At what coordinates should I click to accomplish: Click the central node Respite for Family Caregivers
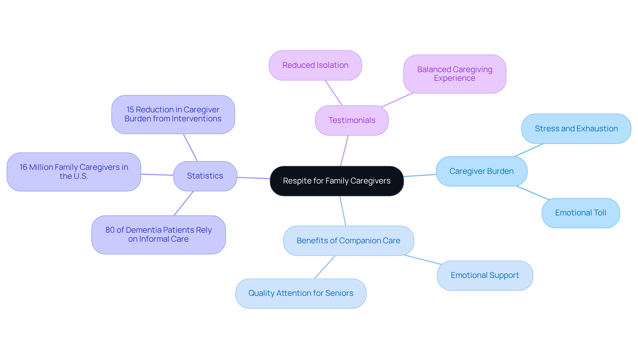[x=337, y=181]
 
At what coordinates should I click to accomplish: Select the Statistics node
[x=205, y=176]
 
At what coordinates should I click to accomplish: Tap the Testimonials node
[x=352, y=120]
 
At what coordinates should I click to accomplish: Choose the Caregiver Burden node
[x=481, y=171]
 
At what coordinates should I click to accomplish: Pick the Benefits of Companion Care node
[x=348, y=241]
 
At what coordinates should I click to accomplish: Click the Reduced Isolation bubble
[x=315, y=65]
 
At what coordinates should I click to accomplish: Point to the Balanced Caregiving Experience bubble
[x=454, y=74]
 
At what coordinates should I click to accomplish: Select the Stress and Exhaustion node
[x=576, y=129]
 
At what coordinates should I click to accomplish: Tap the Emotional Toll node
[x=580, y=213]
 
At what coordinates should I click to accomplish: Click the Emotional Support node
[x=484, y=275]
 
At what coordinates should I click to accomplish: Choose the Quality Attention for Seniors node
[x=300, y=293]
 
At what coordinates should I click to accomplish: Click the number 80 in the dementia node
[x=110, y=230]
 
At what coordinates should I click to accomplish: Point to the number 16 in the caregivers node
[x=23, y=167]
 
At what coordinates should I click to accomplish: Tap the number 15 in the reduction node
[x=130, y=110]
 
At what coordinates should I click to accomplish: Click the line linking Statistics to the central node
[x=253, y=178]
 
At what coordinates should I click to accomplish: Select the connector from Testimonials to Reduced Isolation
[x=333, y=93]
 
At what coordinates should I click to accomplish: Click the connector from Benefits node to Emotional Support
[x=423, y=260]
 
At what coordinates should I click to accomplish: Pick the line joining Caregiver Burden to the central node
[x=420, y=175]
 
